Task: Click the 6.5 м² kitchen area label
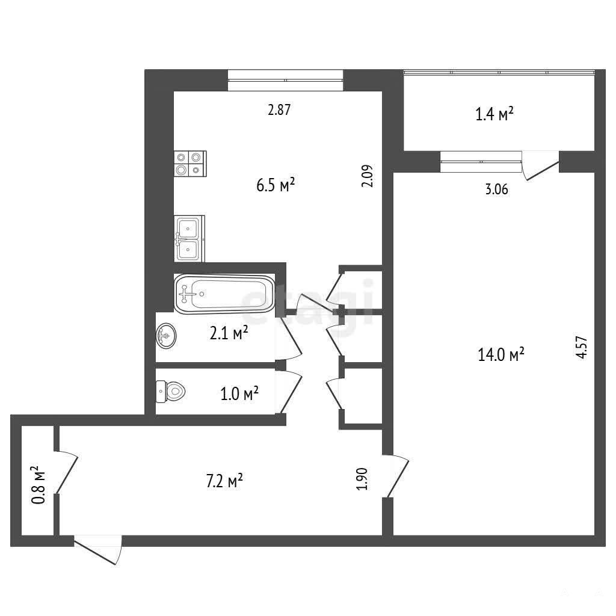click(276, 185)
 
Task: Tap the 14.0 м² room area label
click(501, 355)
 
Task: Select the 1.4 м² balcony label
click(494, 114)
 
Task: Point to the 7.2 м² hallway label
click(224, 481)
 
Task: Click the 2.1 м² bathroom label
click(229, 333)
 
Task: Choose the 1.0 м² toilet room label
click(239, 393)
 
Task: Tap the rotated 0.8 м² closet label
click(38, 485)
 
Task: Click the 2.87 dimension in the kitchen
click(279, 109)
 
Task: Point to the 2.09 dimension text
click(368, 176)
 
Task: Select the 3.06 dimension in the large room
click(496, 189)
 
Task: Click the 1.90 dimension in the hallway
click(362, 478)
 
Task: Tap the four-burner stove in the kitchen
click(190, 164)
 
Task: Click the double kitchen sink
click(189, 238)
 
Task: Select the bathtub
click(225, 294)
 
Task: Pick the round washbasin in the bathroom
click(167, 336)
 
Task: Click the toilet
click(170, 391)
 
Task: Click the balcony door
click(540, 166)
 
